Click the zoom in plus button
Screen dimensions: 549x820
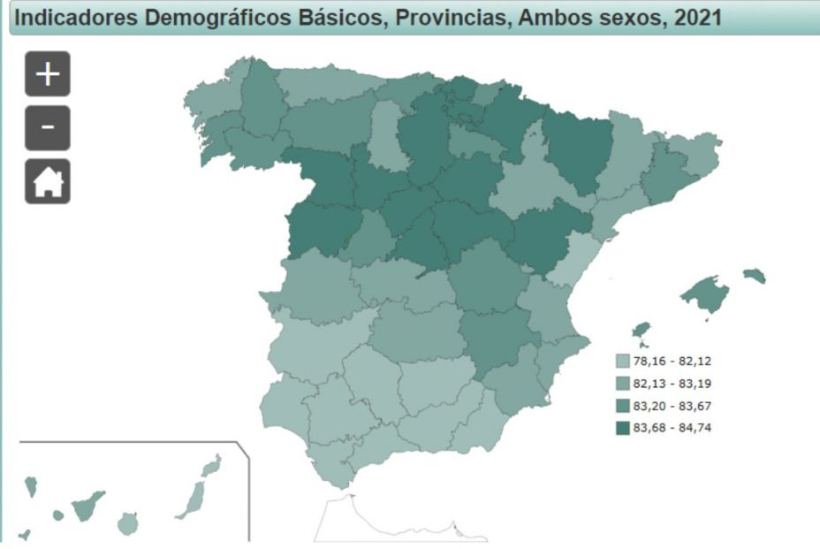point(48,74)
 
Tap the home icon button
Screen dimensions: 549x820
point(48,182)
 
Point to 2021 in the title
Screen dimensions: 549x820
point(697,17)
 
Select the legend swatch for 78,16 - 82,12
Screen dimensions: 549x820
point(623,362)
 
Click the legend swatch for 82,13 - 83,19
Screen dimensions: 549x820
point(623,384)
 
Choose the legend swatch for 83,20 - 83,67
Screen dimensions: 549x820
point(623,406)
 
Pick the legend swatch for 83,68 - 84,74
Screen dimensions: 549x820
point(623,428)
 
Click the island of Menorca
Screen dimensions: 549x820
point(755,276)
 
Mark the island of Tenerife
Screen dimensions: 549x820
point(87,506)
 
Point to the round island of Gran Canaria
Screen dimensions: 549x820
point(128,524)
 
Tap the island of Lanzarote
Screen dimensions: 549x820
point(211,465)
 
